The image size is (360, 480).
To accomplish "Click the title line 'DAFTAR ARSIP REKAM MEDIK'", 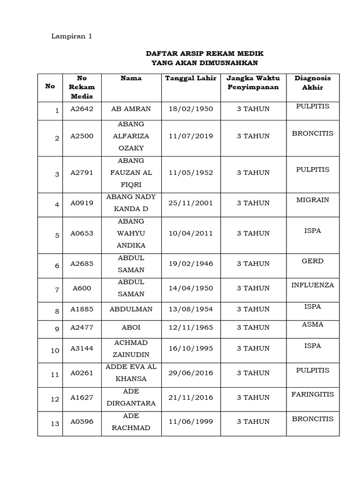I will click(204, 53).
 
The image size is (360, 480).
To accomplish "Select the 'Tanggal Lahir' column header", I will click(190, 78).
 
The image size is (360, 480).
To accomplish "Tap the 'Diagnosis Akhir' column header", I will click(313, 82).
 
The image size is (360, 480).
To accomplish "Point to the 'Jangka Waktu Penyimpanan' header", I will click(253, 82).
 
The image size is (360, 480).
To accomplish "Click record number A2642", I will click(82, 109).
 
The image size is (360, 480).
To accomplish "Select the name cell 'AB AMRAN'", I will click(131, 109).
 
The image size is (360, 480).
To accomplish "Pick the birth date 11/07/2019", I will click(190, 136).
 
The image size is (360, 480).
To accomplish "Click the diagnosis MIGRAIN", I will click(313, 200).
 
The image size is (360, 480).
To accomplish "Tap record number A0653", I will click(82, 233).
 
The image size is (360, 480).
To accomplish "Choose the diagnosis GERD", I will click(313, 261).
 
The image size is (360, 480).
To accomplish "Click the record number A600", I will click(82, 288).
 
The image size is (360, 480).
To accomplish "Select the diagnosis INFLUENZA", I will click(313, 285).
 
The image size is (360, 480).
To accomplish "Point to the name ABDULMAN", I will click(131, 309).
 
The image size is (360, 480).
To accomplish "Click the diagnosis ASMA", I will click(313, 324).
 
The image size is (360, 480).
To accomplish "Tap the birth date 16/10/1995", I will click(190, 348).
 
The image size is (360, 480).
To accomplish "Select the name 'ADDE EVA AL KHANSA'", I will click(131, 373).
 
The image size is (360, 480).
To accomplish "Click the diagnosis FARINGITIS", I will click(313, 394).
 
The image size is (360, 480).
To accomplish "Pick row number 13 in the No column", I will click(55, 424).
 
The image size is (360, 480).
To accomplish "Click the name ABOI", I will click(131, 328).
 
